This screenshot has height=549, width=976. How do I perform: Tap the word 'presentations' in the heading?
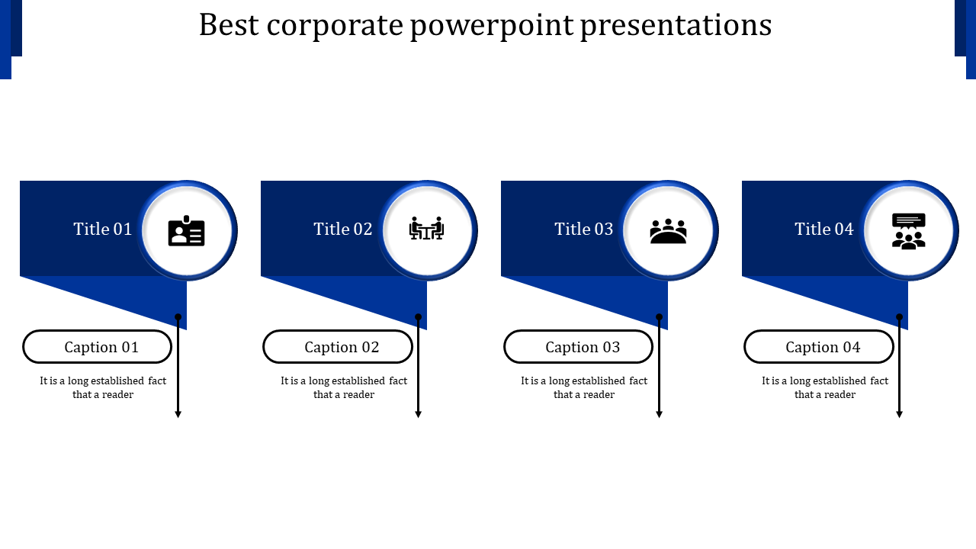click(x=676, y=25)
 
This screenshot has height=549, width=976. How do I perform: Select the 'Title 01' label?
click(x=103, y=229)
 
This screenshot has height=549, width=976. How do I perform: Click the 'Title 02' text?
click(x=343, y=229)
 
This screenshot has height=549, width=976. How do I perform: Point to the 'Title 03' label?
click(x=584, y=229)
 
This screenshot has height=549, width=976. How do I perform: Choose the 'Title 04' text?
click(x=824, y=229)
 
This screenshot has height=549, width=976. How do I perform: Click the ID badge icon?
click(x=187, y=231)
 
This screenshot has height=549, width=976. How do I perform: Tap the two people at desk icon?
click(x=427, y=229)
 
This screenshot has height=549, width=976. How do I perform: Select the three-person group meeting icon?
click(x=668, y=231)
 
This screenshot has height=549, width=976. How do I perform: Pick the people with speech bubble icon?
click(x=908, y=231)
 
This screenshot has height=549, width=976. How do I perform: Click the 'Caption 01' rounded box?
click(x=98, y=347)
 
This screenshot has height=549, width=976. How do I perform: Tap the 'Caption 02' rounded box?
click(x=338, y=347)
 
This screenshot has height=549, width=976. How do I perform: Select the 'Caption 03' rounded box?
click(x=579, y=347)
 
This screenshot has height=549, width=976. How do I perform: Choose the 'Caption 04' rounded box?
click(x=819, y=347)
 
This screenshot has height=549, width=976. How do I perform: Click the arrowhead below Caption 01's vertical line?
click(x=178, y=414)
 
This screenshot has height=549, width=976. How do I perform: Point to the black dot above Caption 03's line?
click(x=659, y=317)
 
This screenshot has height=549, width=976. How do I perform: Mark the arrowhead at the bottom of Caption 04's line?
click(x=900, y=414)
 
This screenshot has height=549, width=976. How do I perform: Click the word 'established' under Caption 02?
click(x=358, y=381)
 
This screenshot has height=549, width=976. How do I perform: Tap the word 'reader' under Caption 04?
click(x=840, y=395)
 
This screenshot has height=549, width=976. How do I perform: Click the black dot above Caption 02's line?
click(x=419, y=317)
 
